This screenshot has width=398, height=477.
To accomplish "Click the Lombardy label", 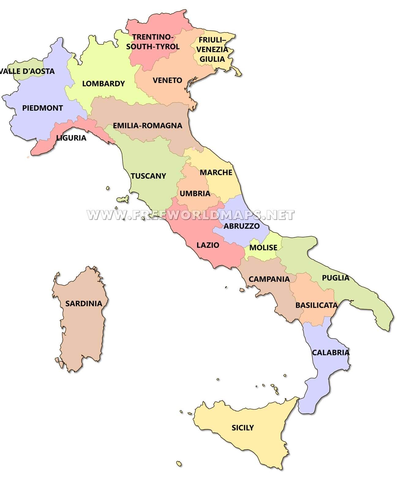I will click(103, 83).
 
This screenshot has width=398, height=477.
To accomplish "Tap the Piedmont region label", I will click(43, 108).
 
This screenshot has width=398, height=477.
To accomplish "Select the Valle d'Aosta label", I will click(28, 71).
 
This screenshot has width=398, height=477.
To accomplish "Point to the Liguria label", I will click(71, 138).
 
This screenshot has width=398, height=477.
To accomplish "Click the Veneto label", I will click(167, 80).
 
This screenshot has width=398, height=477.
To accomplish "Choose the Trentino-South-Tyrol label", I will click(153, 42).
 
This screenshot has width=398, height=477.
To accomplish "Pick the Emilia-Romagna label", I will click(148, 126).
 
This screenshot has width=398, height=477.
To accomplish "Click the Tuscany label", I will click(148, 176).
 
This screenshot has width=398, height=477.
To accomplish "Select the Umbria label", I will click(195, 194).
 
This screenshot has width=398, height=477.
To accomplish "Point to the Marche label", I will click(216, 172).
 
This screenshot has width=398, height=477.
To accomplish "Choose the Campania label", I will click(269, 279).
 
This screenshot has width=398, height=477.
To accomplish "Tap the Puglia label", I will click(336, 278).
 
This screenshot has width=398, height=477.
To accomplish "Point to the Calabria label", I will click(331, 353).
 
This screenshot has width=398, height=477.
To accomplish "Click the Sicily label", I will click(243, 427).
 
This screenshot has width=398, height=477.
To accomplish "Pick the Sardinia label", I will click(84, 304).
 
